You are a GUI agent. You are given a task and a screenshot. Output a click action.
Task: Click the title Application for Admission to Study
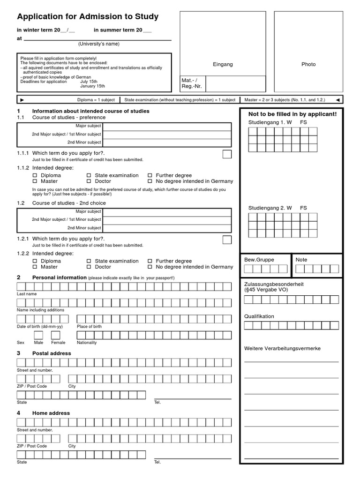pyautogui.click(x=88, y=17)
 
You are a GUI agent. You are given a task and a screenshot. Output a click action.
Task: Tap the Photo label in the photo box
pyautogui.click(x=308, y=64)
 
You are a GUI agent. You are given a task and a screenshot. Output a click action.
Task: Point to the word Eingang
pyautogui.click(x=223, y=64)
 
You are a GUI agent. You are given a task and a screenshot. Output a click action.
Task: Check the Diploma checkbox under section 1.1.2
pyautogui.click(x=35, y=175)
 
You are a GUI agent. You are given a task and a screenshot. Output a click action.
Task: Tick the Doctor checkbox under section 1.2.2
pyautogui.click(x=89, y=267)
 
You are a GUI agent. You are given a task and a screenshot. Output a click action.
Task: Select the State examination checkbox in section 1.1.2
pyautogui.click(x=89, y=175)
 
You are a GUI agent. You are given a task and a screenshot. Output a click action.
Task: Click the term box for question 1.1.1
pyautogui.click(x=227, y=154)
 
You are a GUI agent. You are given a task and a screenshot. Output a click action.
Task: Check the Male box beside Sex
pyautogui.click(x=38, y=335)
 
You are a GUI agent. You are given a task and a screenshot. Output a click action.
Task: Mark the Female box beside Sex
pyautogui.click(x=56, y=335)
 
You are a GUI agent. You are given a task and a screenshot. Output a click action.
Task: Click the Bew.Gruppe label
pyautogui.click(x=259, y=260)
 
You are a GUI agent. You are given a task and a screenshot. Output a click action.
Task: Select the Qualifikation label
pyautogui.click(x=259, y=316)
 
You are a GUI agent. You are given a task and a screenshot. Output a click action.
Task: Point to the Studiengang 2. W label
pyautogui.click(x=270, y=208)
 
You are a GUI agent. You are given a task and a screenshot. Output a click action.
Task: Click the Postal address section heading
pyautogui.click(x=52, y=353)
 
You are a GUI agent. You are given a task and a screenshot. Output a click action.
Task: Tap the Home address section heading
pyautogui.click(x=51, y=413)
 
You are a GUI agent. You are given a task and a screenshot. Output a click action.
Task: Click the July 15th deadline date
pyautogui.click(x=90, y=82)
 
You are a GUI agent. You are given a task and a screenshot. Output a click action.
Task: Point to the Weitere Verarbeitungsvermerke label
pyautogui.click(x=282, y=349)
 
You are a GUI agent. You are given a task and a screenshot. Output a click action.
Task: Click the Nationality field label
pyautogui.click(x=87, y=343)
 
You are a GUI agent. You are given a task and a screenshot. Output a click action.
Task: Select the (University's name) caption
pyautogui.click(x=98, y=44)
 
